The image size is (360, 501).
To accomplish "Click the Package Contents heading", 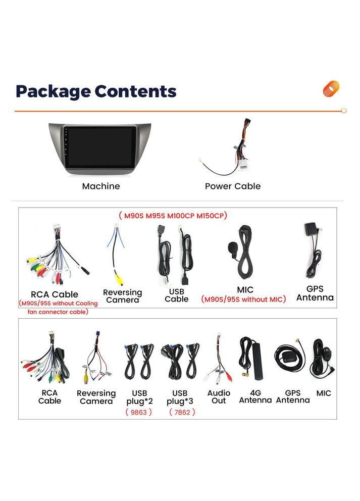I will (x=96, y=91).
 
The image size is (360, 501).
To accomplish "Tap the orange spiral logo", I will (x=331, y=89).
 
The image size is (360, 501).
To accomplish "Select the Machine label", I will (x=101, y=186).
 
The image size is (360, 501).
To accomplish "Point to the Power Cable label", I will (x=233, y=186).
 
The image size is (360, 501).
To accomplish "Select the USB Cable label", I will (x=176, y=295).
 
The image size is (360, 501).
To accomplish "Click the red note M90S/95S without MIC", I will (x=243, y=299).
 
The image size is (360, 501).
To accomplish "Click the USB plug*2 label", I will (x=139, y=397).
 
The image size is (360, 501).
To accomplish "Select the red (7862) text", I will (x=182, y=412).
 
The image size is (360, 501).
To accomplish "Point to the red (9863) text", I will (x=139, y=412).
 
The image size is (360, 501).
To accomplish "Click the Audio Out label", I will (x=219, y=396).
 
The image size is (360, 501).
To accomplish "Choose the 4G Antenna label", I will (x=255, y=396).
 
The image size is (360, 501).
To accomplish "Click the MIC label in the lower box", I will (x=324, y=393).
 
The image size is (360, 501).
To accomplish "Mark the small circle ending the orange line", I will (x=344, y=111).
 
